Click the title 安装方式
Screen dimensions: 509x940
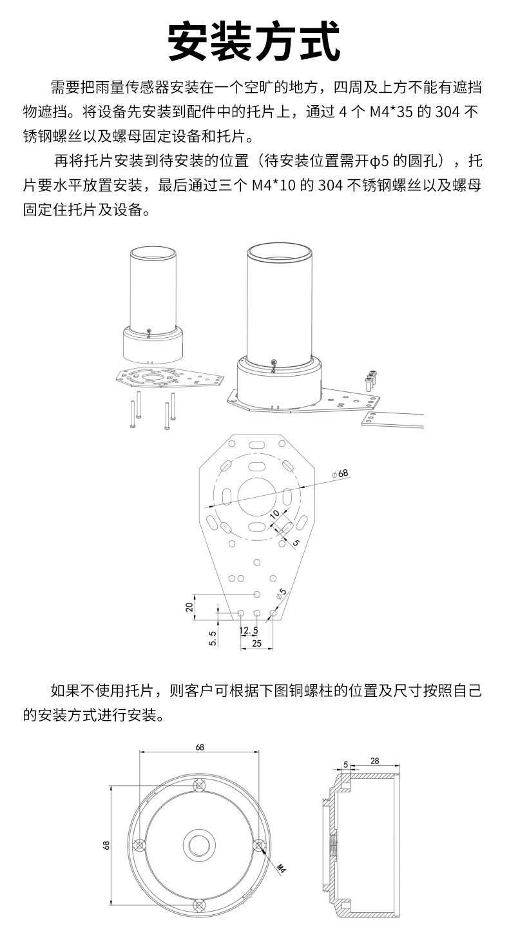click(254, 41)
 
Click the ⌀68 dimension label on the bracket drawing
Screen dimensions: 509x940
click(340, 474)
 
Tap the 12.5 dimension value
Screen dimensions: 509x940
click(249, 631)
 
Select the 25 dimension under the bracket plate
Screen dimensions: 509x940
click(256, 643)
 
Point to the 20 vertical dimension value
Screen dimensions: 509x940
click(189, 607)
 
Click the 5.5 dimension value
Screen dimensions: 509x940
click(213, 638)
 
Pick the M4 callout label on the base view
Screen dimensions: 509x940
click(282, 869)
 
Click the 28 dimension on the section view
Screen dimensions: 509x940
click(374, 761)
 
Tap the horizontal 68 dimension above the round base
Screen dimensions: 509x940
click(200, 747)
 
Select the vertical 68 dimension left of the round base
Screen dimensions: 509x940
click(106, 845)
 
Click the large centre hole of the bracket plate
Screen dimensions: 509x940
click(257, 496)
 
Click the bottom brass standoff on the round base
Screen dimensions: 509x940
click(199, 905)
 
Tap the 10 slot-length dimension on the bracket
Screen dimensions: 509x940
click(274, 514)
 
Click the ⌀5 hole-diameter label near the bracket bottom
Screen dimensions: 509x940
click(282, 593)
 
